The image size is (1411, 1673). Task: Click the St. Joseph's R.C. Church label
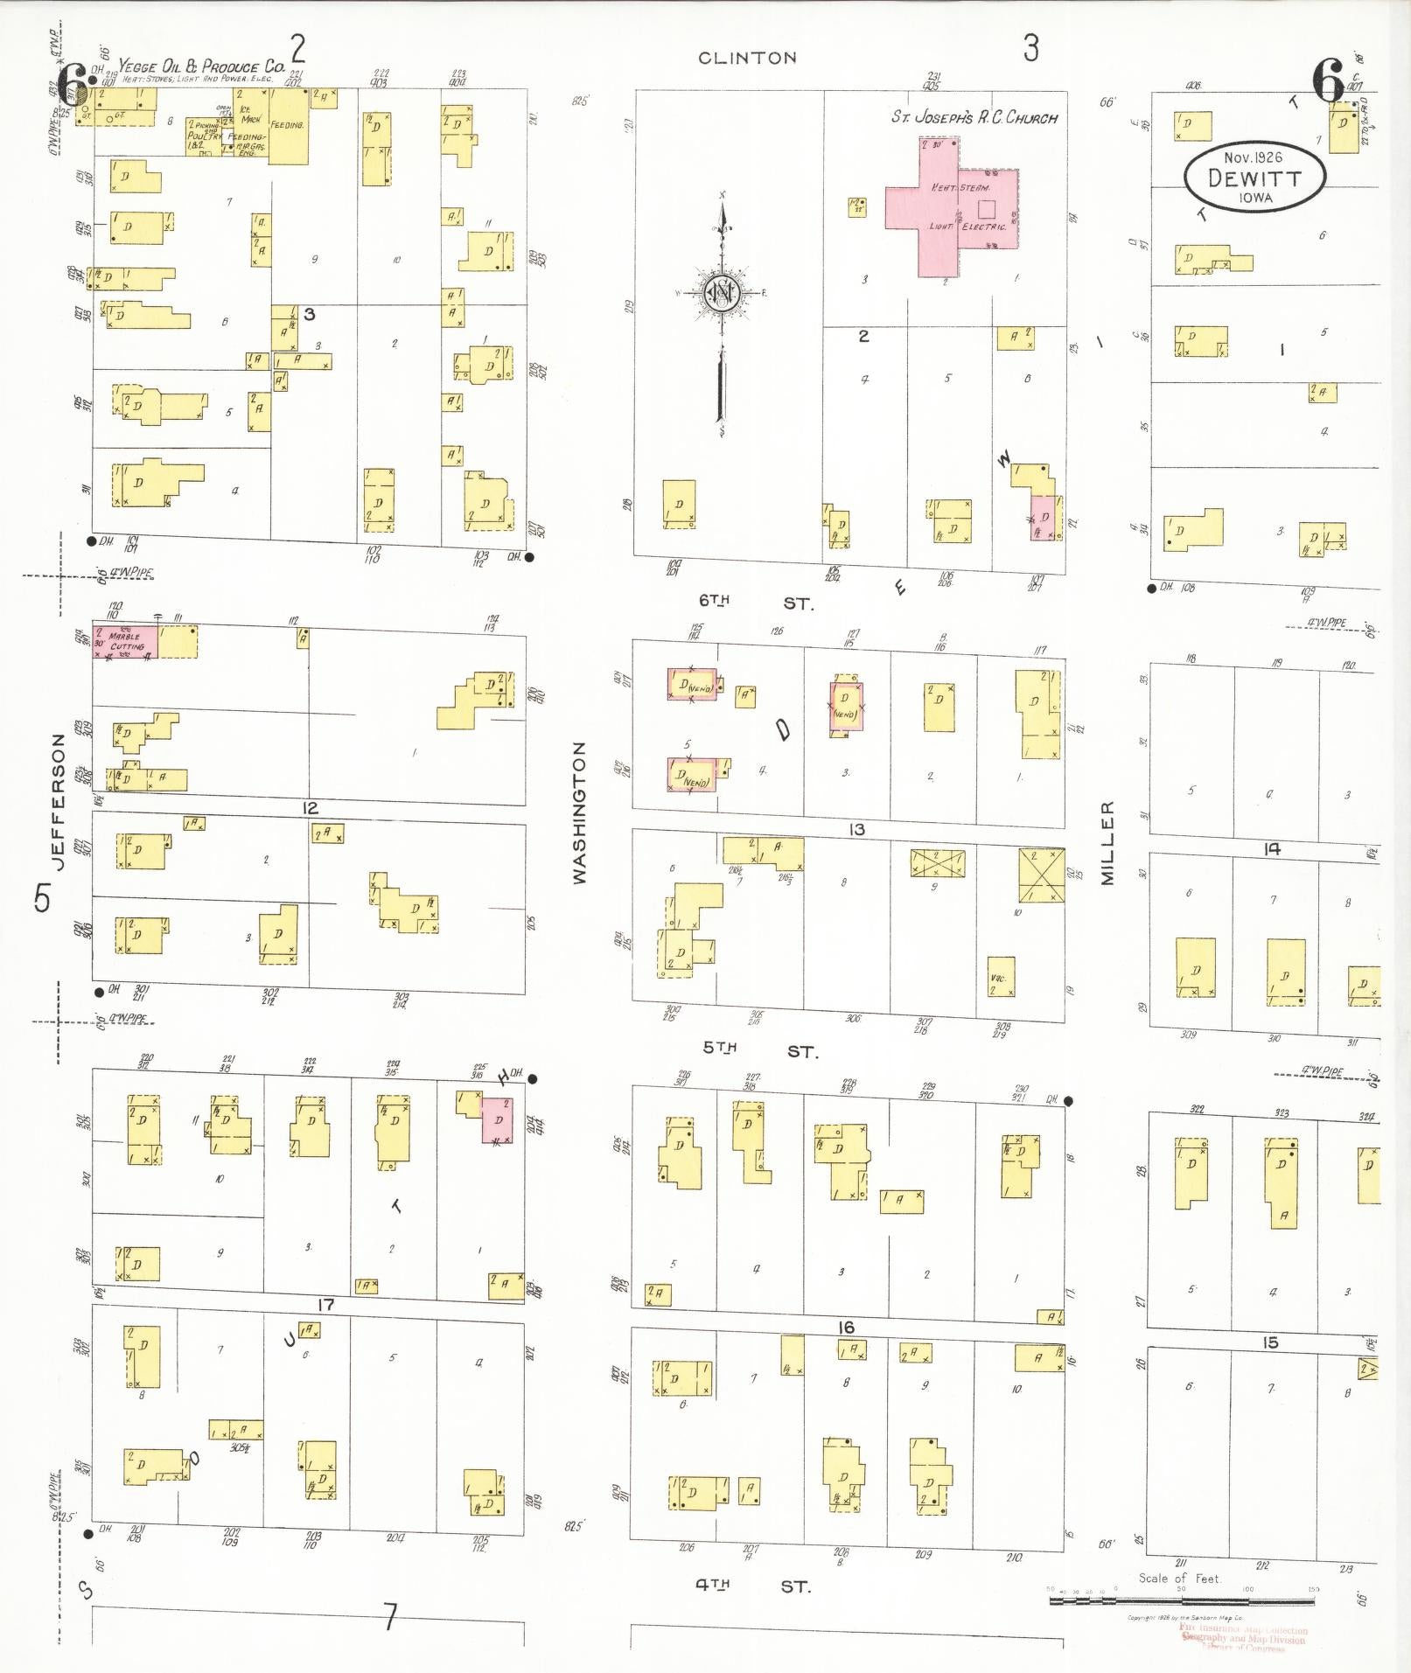(974, 117)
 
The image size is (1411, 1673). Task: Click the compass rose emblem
(723, 293)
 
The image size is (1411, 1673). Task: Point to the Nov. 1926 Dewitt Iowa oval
(1254, 176)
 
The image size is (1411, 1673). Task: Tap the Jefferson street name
(59, 801)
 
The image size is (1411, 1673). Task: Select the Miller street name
(1107, 843)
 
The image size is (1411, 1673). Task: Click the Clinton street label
(747, 59)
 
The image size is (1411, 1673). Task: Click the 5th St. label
(758, 1050)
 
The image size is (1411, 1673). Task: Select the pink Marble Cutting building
(126, 641)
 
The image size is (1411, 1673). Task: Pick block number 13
(856, 829)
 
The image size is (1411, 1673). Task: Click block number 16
(845, 1328)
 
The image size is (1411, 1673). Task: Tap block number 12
(310, 808)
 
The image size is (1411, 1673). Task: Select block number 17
(325, 1305)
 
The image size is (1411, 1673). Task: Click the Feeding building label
(287, 125)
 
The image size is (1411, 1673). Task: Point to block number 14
(1272, 848)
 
